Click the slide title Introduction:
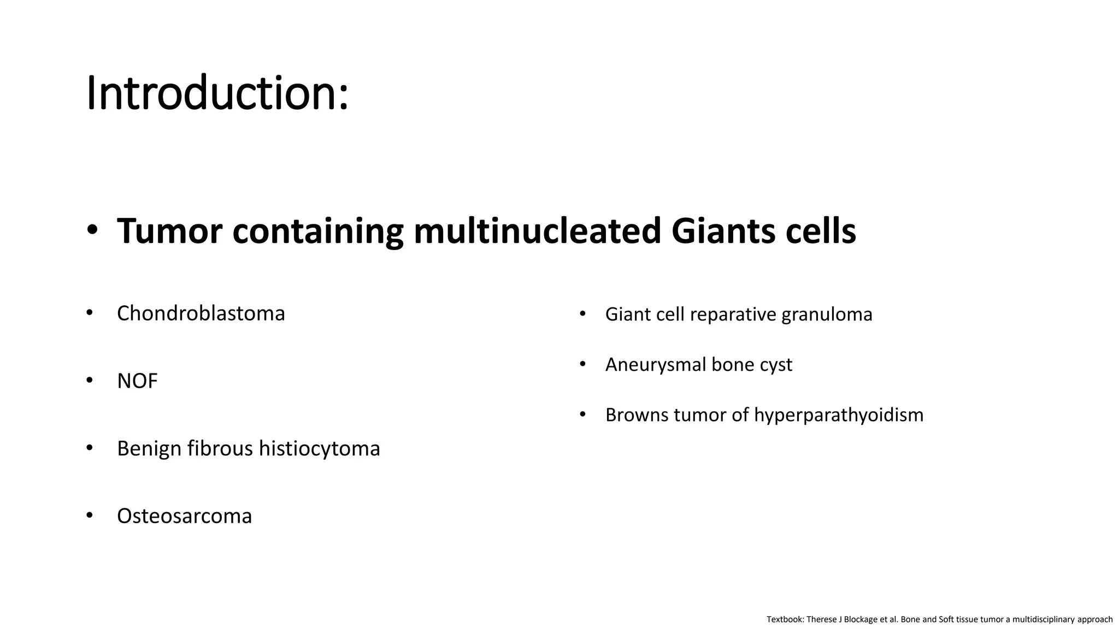coord(217,93)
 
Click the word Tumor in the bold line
coord(169,231)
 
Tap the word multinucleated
coord(537,231)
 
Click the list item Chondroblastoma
coord(201,313)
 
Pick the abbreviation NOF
coord(137,381)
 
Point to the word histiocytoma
coord(319,449)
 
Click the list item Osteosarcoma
coord(184,516)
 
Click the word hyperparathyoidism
coord(839,415)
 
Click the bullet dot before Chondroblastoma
coord(90,313)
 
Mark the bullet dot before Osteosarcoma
coord(90,515)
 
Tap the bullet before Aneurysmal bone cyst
coord(582,364)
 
